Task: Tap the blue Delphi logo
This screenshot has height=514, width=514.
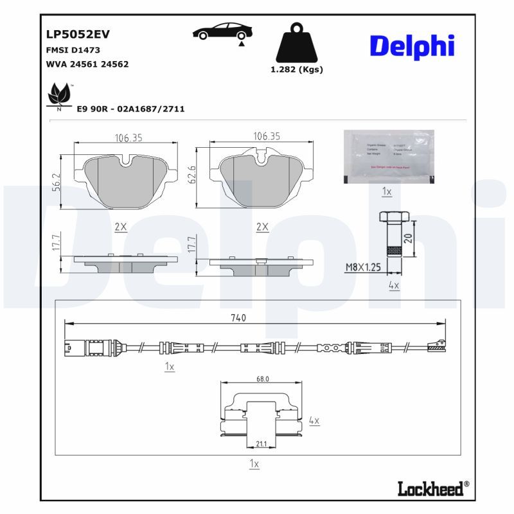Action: click(412, 46)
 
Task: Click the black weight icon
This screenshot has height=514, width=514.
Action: click(296, 44)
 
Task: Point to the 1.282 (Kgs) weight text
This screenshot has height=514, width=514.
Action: click(297, 69)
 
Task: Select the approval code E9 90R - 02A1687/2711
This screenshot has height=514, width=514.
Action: click(130, 109)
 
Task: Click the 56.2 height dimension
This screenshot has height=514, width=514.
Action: click(56, 182)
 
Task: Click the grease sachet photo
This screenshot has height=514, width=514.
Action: click(388, 156)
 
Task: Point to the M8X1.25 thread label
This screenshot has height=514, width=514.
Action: click(364, 267)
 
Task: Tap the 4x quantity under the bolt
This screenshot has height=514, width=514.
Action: click(394, 284)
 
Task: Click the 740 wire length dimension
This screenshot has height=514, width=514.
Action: click(238, 318)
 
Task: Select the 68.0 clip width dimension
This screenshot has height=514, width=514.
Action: click(262, 379)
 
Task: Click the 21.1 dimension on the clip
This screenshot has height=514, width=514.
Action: click(261, 443)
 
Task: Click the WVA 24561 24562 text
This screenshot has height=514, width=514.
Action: click(87, 64)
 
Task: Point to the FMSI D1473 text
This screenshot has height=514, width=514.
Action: click(73, 49)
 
